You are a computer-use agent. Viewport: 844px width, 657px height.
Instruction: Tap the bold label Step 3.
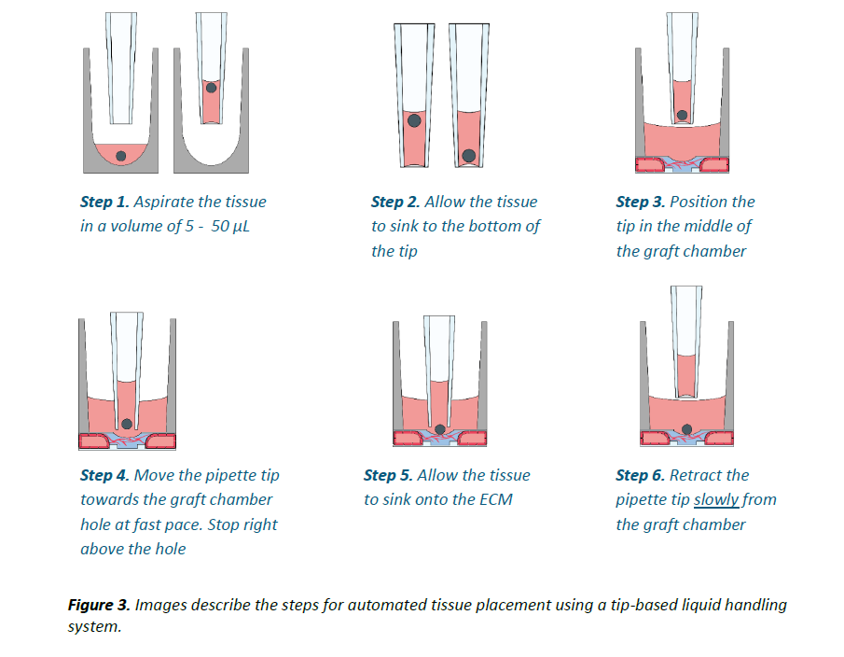[x=641, y=202]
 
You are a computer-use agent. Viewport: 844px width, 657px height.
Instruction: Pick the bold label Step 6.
[x=641, y=475]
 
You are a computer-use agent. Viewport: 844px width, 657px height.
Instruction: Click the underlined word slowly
[x=716, y=500]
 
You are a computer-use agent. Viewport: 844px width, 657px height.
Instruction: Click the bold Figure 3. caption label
[x=99, y=605]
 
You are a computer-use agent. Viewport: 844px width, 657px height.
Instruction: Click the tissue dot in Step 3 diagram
[x=683, y=116]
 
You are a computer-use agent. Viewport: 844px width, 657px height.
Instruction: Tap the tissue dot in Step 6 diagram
[x=687, y=428]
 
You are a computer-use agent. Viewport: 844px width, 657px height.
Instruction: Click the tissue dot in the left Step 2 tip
[x=414, y=120]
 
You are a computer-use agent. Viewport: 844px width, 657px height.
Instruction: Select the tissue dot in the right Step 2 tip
[x=469, y=155]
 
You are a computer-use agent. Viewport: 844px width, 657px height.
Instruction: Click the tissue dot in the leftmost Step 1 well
[x=120, y=156]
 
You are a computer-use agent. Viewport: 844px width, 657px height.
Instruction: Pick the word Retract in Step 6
[x=696, y=475]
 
